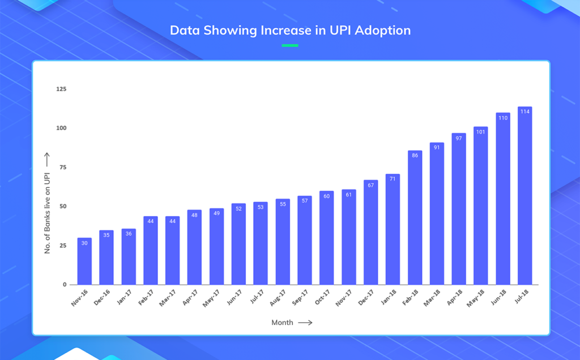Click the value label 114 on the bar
(524, 112)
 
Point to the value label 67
(370, 185)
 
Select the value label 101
(480, 131)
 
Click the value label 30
(84, 243)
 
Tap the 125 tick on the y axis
(61, 89)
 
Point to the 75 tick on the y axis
(62, 168)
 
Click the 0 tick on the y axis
(65, 285)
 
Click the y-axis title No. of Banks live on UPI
(48, 212)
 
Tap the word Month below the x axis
(282, 323)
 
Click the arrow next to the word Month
(305, 323)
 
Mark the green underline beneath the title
(290, 45)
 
